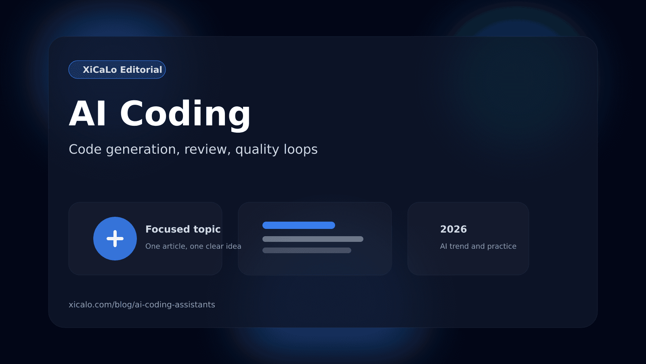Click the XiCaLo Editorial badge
click(117, 70)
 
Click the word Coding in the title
click(185, 114)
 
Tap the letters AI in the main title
click(88, 114)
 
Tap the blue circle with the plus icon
click(115, 239)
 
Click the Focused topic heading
click(183, 229)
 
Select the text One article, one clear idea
click(193, 246)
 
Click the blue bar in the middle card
click(299, 225)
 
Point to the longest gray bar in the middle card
click(313, 239)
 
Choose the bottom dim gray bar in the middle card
click(307, 250)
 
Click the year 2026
click(453, 229)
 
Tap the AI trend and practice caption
click(478, 246)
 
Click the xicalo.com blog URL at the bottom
click(142, 305)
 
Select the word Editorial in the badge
click(141, 70)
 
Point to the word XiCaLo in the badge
click(100, 70)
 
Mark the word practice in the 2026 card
click(501, 246)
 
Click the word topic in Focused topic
click(207, 229)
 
